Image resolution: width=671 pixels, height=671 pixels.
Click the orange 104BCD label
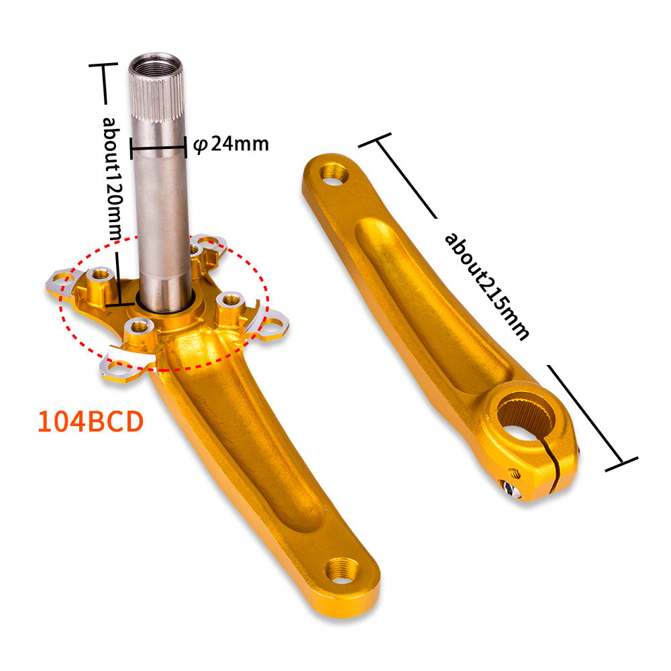point(91,421)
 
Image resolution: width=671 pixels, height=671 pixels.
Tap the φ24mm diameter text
point(231,144)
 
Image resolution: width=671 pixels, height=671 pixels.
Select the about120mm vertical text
point(112,179)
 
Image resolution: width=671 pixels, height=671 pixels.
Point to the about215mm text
point(487,286)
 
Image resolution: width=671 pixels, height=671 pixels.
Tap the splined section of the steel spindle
point(156,96)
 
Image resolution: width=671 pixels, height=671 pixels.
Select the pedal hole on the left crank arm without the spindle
point(335,174)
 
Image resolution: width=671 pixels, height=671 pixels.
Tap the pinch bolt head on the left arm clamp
point(510,488)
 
